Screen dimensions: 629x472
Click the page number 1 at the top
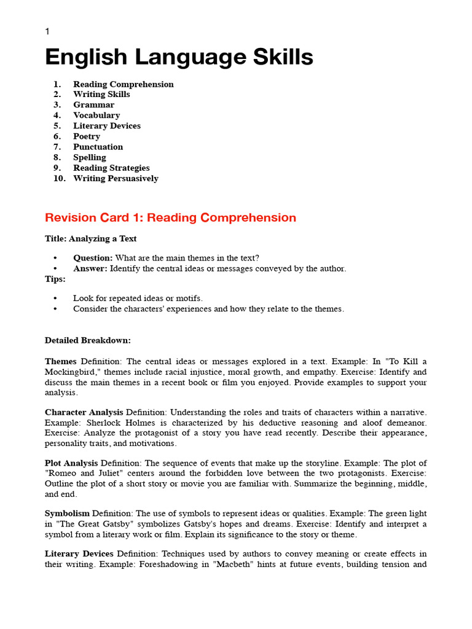coord(47,31)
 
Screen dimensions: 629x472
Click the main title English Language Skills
coord(179,58)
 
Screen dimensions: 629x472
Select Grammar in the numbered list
coord(93,105)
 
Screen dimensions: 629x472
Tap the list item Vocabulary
coord(96,115)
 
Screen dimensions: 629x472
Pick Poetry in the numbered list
coord(87,136)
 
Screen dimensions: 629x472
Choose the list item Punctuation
coord(98,147)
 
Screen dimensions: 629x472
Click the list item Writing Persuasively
coord(116,179)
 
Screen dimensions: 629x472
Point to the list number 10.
coord(60,179)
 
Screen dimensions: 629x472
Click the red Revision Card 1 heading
coord(170,218)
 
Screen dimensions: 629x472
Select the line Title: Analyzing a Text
coord(91,239)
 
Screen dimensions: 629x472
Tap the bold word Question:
coord(93,258)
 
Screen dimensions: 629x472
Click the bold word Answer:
coord(90,268)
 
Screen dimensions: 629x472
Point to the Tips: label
coord(55,279)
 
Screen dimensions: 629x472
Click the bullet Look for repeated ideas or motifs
coord(138,299)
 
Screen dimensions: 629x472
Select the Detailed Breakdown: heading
coord(88,340)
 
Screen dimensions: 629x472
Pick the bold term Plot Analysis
coord(71,463)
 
